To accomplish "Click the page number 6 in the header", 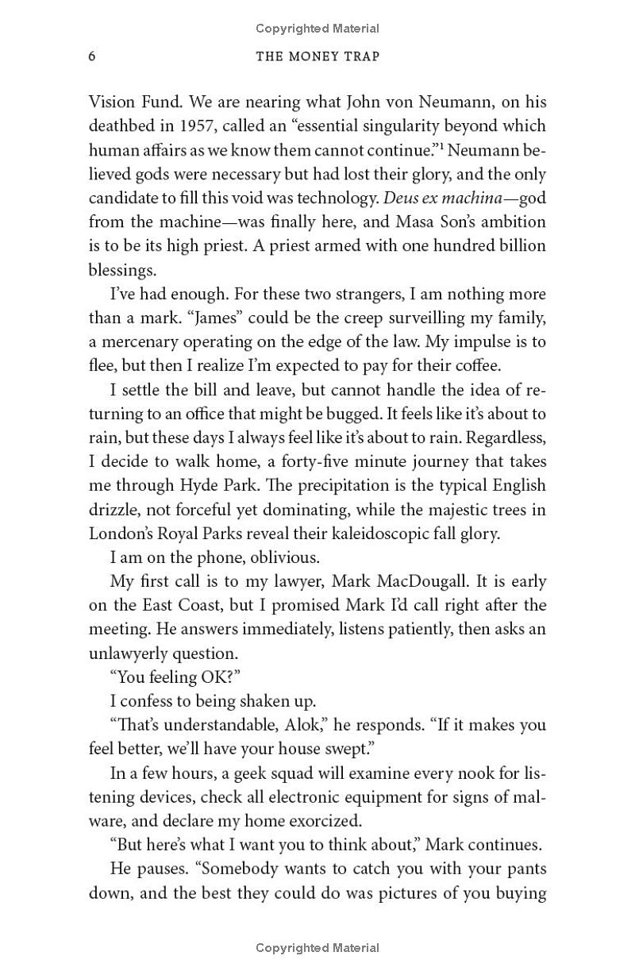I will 93,56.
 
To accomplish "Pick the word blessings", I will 121,270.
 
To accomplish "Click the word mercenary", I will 137,342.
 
